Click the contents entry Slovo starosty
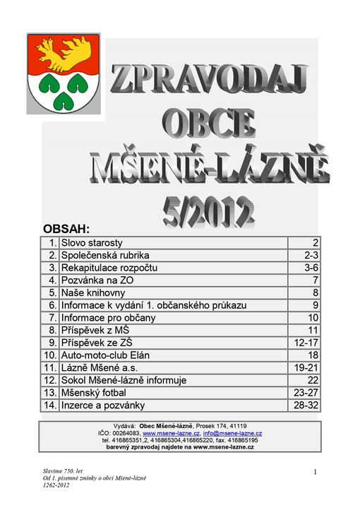92,242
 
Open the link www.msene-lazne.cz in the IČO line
172,433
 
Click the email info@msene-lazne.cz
232,433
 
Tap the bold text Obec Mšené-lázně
166,426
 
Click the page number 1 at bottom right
314,470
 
